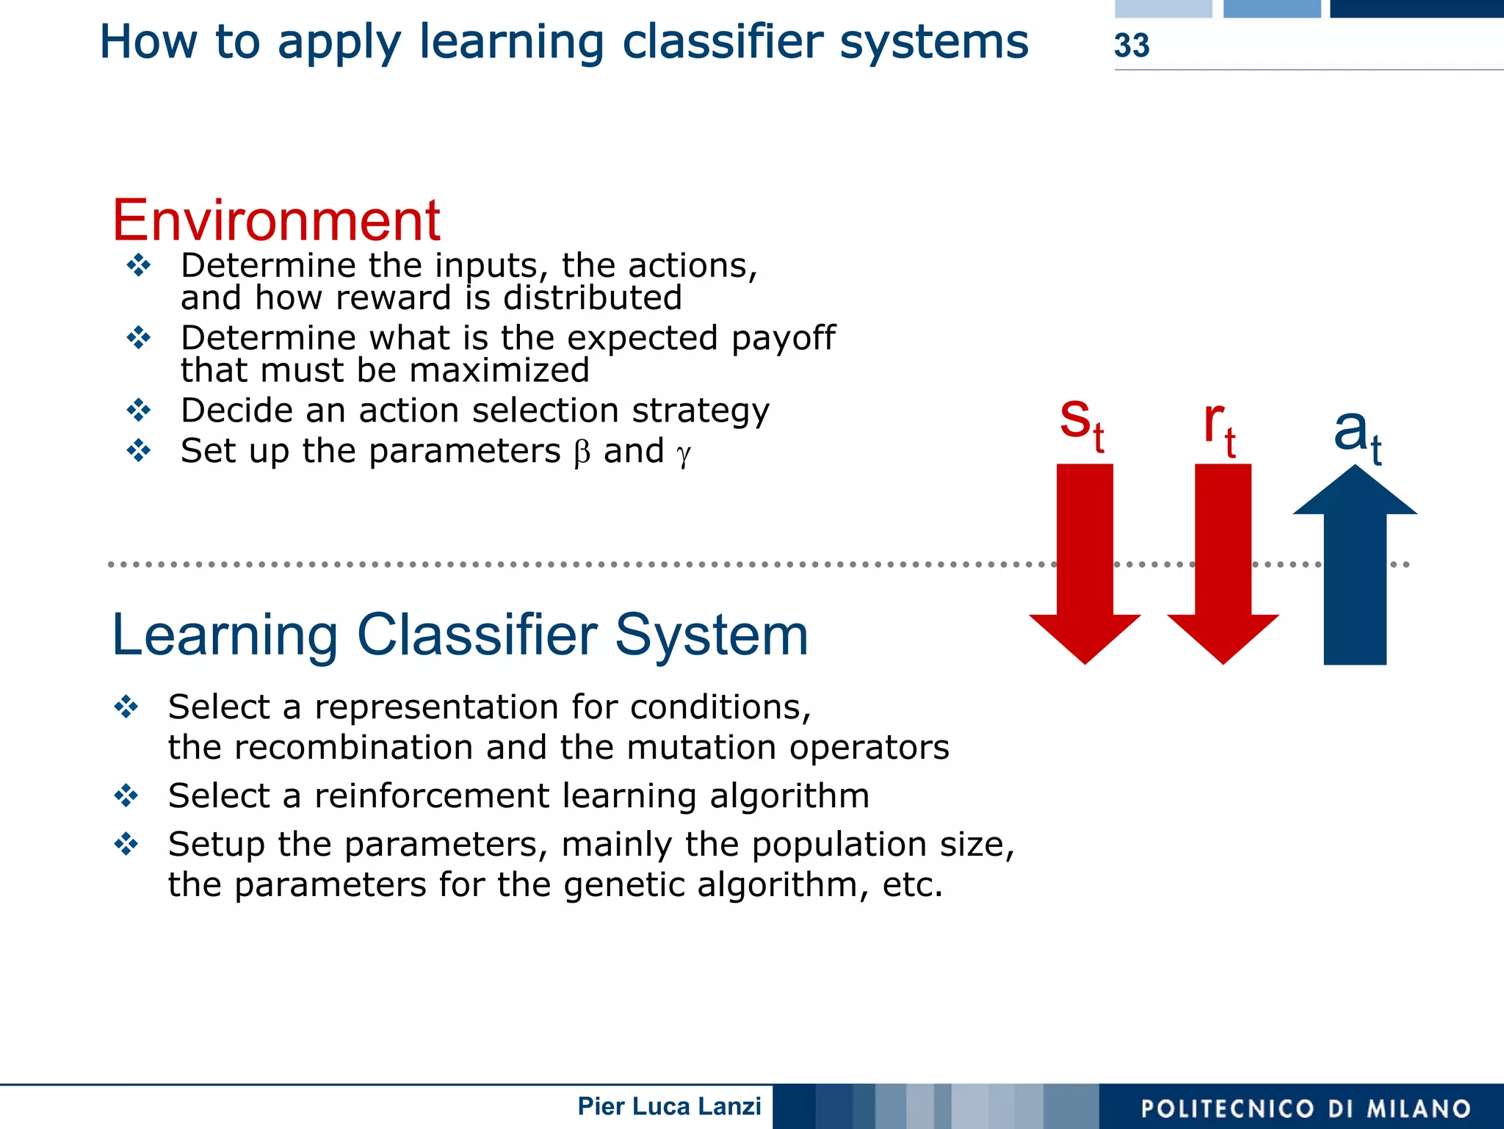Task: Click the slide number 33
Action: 1131,46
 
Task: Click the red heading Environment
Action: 276,220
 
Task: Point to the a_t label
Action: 1357,435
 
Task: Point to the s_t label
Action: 1082,424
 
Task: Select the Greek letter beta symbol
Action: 582,452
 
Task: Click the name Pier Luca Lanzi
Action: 669,1106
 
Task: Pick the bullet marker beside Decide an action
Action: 138,410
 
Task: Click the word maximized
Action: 499,370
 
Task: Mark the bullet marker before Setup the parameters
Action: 126,844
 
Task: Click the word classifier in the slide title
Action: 722,42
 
